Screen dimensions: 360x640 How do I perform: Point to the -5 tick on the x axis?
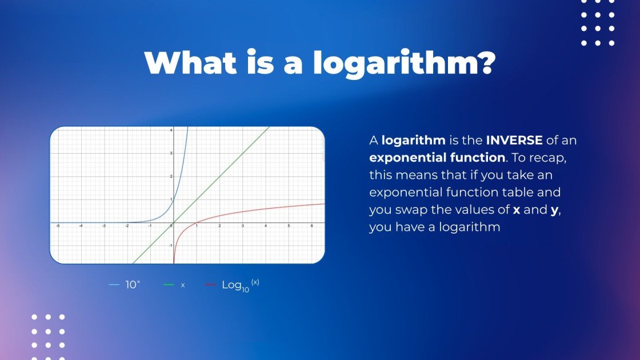point(58,226)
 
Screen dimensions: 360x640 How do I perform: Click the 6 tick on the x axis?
point(311,226)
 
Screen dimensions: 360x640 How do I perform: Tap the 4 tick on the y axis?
point(170,131)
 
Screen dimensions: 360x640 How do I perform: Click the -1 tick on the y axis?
point(169,245)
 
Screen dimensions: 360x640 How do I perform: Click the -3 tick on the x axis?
point(104,226)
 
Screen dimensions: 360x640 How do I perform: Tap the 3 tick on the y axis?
point(170,153)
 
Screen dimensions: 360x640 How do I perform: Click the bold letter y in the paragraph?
point(554,210)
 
